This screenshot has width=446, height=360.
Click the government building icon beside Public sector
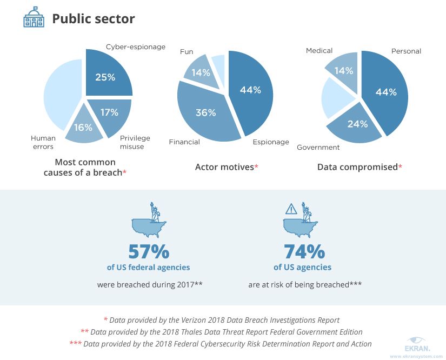(34, 19)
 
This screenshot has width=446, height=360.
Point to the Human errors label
(43, 142)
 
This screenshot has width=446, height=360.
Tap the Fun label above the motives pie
(187, 52)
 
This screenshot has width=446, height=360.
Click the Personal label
(406, 51)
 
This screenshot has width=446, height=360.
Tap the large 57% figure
(149, 251)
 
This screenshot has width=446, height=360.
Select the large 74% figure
(304, 251)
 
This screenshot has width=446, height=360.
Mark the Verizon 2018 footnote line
(222, 320)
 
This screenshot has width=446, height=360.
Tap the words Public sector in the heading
(93, 19)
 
